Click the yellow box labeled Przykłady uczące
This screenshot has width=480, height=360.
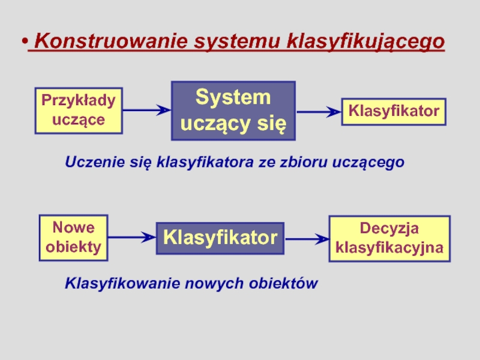[78, 110]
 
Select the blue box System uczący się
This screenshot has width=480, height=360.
[233, 110]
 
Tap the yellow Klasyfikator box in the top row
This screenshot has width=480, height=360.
[394, 112]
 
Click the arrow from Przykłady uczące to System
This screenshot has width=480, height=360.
[147, 110]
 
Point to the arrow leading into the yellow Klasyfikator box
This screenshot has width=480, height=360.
[319, 112]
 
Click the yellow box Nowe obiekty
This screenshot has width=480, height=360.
[73, 238]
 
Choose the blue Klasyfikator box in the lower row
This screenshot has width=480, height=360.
[220, 238]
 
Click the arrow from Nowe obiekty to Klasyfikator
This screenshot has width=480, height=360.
[132, 238]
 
